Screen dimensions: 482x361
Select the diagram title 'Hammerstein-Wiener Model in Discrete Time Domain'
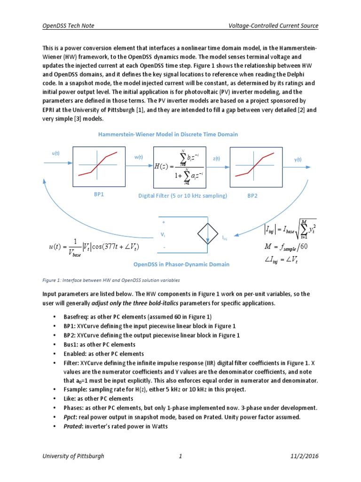coord(168,134)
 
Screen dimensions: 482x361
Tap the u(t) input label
coord(55,153)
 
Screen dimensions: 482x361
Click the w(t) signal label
coord(138,157)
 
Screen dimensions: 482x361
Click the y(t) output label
coord(298,160)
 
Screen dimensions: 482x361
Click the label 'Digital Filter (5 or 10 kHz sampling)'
coord(183,195)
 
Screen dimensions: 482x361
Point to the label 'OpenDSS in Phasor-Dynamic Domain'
coord(181,264)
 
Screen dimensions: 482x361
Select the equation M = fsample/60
coord(286,247)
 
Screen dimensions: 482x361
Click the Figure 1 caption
coord(111,281)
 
